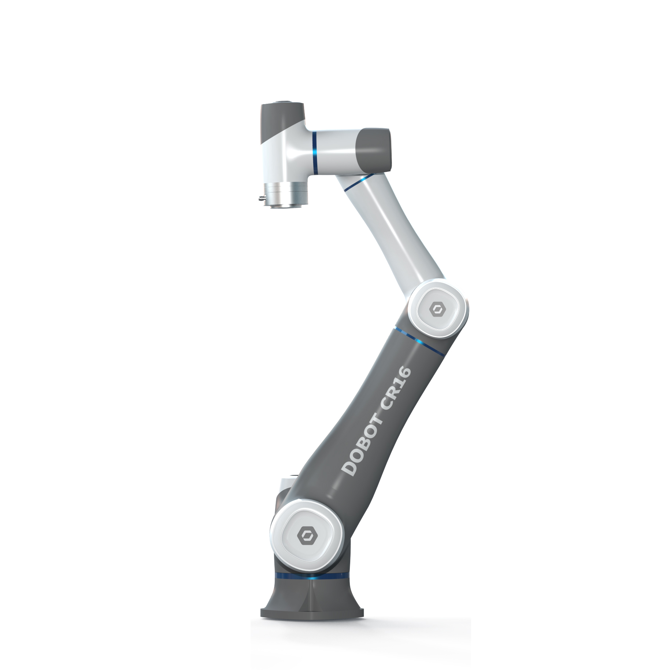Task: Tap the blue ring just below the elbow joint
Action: tap(418, 339)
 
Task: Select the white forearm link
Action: tap(392, 231)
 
